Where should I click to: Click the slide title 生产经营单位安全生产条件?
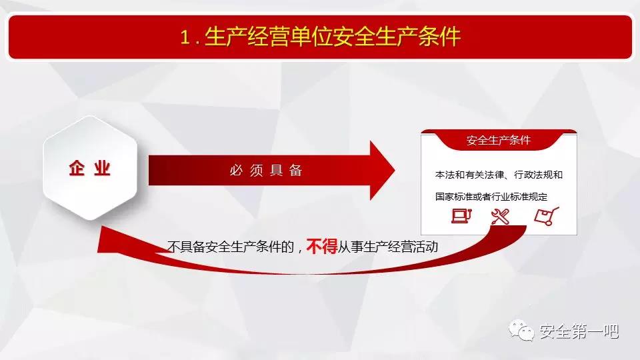tap(333, 37)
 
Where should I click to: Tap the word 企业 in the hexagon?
tap(90, 168)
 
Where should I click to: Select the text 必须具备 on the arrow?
tap(266, 170)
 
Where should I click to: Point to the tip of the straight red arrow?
tap(395, 171)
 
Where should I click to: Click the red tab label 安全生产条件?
tap(499, 141)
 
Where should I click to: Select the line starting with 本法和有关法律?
tap(499, 175)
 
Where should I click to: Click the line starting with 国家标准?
tap(491, 197)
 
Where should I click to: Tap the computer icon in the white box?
tap(461, 215)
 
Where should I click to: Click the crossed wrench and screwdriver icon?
tap(501, 216)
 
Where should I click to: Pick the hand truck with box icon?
tap(547, 216)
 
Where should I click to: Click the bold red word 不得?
tap(321, 247)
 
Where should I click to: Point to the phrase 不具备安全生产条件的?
tap(231, 247)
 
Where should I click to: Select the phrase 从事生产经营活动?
tap(388, 247)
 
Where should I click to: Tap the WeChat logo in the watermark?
tap(521, 330)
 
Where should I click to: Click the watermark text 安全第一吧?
tap(579, 331)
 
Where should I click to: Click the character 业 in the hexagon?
tap(102, 168)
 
